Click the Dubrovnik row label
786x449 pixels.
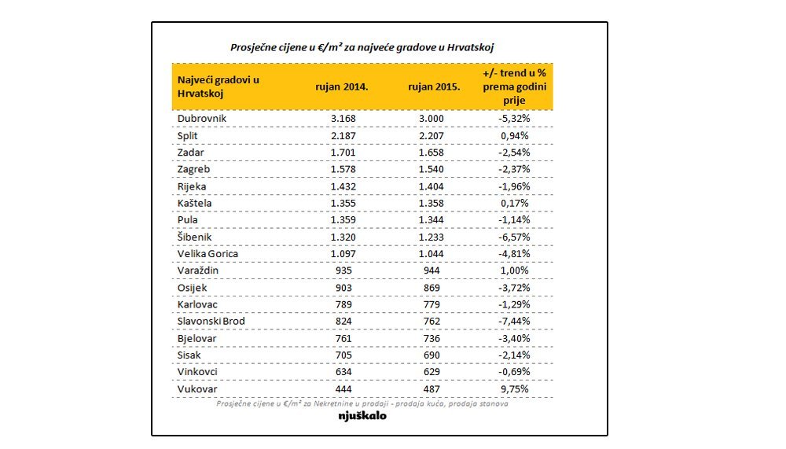201,119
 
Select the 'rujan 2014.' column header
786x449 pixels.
341,86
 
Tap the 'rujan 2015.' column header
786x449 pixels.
434,86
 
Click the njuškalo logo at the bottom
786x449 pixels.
362,416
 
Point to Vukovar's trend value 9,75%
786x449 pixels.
514,388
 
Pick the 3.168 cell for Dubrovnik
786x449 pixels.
343,119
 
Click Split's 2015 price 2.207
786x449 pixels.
431,135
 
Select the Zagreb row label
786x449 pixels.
193,170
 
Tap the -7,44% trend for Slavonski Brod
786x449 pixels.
514,321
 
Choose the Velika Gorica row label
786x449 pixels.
208,254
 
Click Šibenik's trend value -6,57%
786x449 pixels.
514,237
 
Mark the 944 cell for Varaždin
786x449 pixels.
431,271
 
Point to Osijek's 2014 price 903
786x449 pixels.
343,288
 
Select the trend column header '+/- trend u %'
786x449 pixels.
514,73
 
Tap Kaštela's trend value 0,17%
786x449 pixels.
514,203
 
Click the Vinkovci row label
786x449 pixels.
197,372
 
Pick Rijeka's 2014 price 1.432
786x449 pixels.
343,186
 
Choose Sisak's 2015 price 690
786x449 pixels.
431,355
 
